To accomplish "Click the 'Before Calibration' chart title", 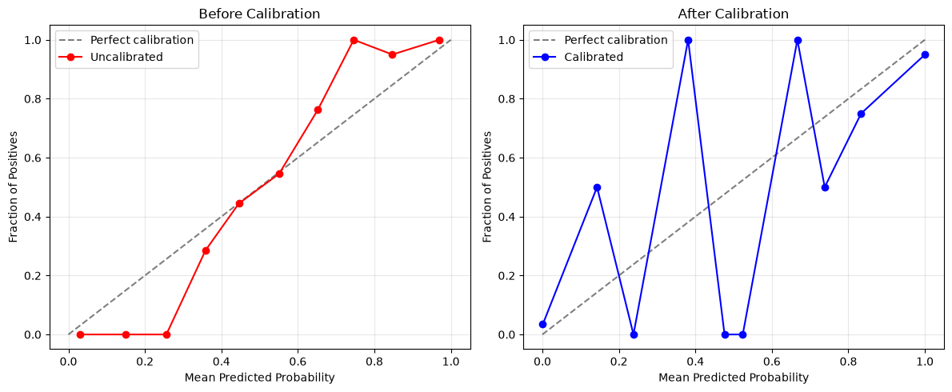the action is tap(259, 14).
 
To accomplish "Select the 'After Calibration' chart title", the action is tap(734, 14).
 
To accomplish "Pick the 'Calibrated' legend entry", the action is tap(594, 57).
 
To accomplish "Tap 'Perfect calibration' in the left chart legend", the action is tap(142, 41).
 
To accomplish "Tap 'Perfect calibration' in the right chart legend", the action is tap(616, 41).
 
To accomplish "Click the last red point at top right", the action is tap(439, 40).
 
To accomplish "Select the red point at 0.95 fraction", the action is tap(392, 54).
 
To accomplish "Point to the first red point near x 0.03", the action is tap(80, 334).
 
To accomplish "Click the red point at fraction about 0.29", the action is tap(206, 250).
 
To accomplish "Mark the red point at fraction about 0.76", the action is tap(318, 110).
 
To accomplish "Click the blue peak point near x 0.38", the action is tap(688, 40).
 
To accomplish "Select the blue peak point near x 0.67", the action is tap(798, 40).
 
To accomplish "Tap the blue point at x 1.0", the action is tap(926, 54).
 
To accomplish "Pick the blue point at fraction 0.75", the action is tap(861, 114).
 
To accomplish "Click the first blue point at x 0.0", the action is tap(542, 324).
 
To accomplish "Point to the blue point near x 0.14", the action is tap(597, 187).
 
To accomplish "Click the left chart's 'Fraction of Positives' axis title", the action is tap(14, 187).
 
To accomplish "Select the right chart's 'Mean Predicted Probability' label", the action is tap(734, 378).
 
